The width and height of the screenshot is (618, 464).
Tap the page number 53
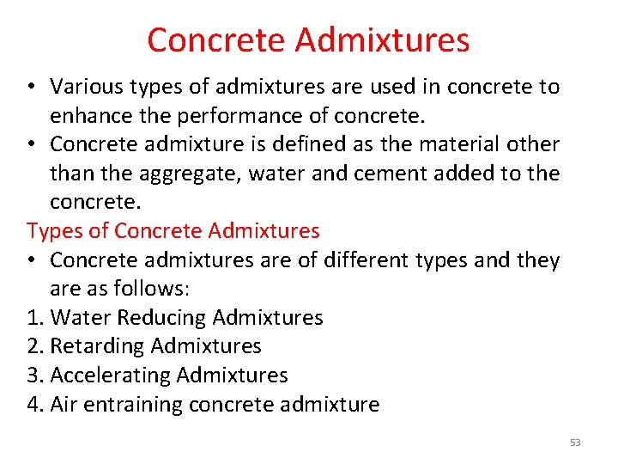click(x=575, y=443)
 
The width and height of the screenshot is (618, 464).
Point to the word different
click(x=361, y=260)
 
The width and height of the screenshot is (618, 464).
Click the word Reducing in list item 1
click(x=161, y=318)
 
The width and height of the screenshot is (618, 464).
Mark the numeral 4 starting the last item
click(x=33, y=405)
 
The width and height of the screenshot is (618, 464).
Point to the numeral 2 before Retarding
click(x=33, y=346)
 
